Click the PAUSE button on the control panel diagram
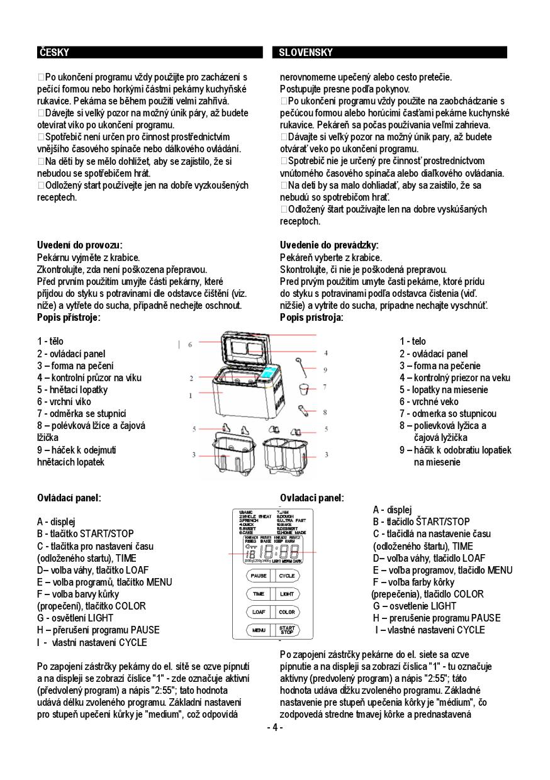(259, 576)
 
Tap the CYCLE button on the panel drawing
(287, 576)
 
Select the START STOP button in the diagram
(287, 629)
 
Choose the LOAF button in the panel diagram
(259, 611)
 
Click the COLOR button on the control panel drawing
(287, 611)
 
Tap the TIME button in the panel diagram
(259, 593)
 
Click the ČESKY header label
(53, 53)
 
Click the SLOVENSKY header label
(306, 53)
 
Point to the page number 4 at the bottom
(275, 728)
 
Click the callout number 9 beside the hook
(325, 370)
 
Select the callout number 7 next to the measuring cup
(325, 387)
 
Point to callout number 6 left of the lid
(189, 345)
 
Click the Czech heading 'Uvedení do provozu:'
(79, 245)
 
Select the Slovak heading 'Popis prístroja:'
(311, 318)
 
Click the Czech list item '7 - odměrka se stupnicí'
(81, 414)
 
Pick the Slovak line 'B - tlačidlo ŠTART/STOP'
(421, 522)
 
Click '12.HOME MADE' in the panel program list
(291, 532)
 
